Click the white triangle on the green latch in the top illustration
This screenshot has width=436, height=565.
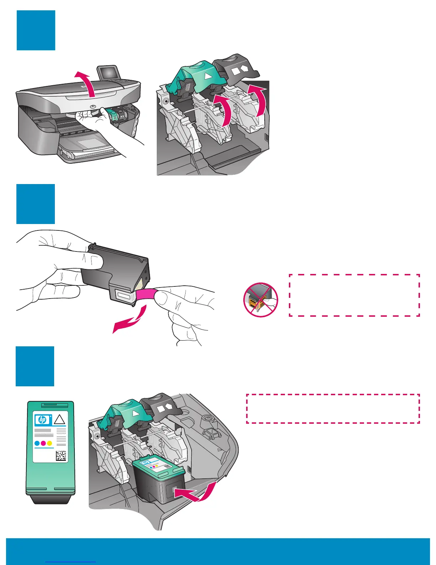click(207, 76)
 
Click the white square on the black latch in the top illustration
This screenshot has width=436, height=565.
click(236, 71)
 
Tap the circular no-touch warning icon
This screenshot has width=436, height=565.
click(261, 300)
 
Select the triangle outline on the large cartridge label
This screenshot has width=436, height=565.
click(59, 419)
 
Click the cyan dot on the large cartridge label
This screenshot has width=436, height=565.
click(37, 443)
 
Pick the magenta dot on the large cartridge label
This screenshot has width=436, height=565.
click(43, 443)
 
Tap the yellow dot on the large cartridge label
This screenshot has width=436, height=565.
click(50, 443)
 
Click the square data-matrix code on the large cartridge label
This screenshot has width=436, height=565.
click(61, 456)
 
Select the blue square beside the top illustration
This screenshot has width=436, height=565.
click(36, 30)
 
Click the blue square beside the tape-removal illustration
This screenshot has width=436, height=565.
click(36, 204)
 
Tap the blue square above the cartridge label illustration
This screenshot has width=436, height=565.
click(35, 366)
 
